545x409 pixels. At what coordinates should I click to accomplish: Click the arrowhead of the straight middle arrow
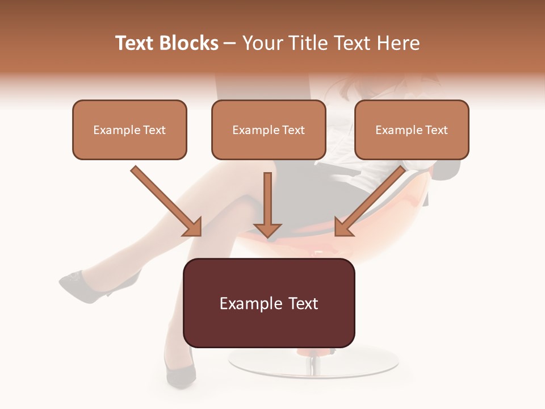267,229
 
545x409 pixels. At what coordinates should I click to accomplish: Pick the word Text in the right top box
436,130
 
